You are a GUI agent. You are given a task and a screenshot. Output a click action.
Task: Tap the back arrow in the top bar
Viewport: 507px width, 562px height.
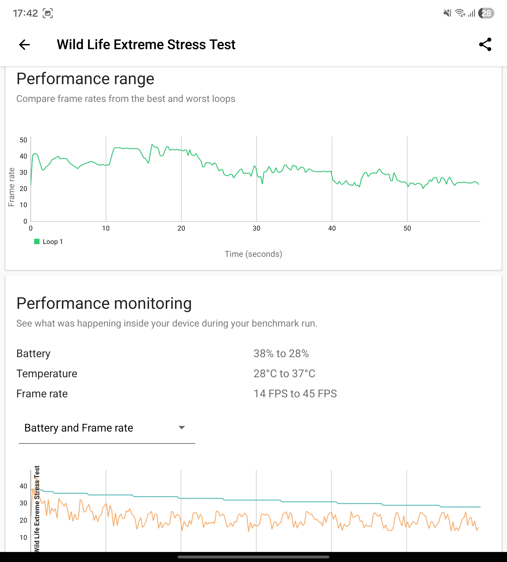(24, 45)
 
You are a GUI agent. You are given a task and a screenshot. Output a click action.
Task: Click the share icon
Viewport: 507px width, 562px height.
(485, 45)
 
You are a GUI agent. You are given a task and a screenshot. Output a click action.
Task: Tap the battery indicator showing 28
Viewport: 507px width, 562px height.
(486, 13)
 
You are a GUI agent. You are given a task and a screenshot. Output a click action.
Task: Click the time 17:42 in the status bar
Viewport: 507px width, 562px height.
(25, 13)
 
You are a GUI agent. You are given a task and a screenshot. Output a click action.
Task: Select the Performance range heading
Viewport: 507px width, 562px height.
(85, 79)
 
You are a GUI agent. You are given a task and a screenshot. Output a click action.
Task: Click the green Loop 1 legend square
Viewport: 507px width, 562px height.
(37, 241)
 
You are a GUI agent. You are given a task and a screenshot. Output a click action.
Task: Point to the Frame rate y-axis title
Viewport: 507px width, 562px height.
(11, 187)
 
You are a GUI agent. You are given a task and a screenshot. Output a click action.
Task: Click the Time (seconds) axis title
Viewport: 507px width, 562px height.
(253, 254)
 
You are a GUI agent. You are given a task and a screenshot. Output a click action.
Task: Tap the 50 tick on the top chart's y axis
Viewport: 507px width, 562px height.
(23, 140)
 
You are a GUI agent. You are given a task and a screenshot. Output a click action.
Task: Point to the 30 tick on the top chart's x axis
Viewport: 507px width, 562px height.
(257, 229)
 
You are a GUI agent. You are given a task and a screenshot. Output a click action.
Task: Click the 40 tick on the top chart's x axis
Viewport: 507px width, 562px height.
(332, 229)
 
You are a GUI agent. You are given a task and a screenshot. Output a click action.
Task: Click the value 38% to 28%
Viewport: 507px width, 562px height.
(281, 354)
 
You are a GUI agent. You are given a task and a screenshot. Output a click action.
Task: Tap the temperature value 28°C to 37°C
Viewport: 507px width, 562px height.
(284, 374)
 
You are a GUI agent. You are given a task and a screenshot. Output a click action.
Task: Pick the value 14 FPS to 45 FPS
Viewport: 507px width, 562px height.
(295, 394)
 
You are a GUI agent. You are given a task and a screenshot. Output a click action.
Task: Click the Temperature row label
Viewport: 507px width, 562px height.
(47, 374)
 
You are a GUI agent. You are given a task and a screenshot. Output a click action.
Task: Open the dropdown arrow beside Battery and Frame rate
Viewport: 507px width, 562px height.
(182, 428)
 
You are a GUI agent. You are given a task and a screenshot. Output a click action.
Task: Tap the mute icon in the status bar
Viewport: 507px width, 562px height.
(447, 13)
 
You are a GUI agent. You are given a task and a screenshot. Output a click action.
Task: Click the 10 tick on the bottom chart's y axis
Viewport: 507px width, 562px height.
(23, 538)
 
